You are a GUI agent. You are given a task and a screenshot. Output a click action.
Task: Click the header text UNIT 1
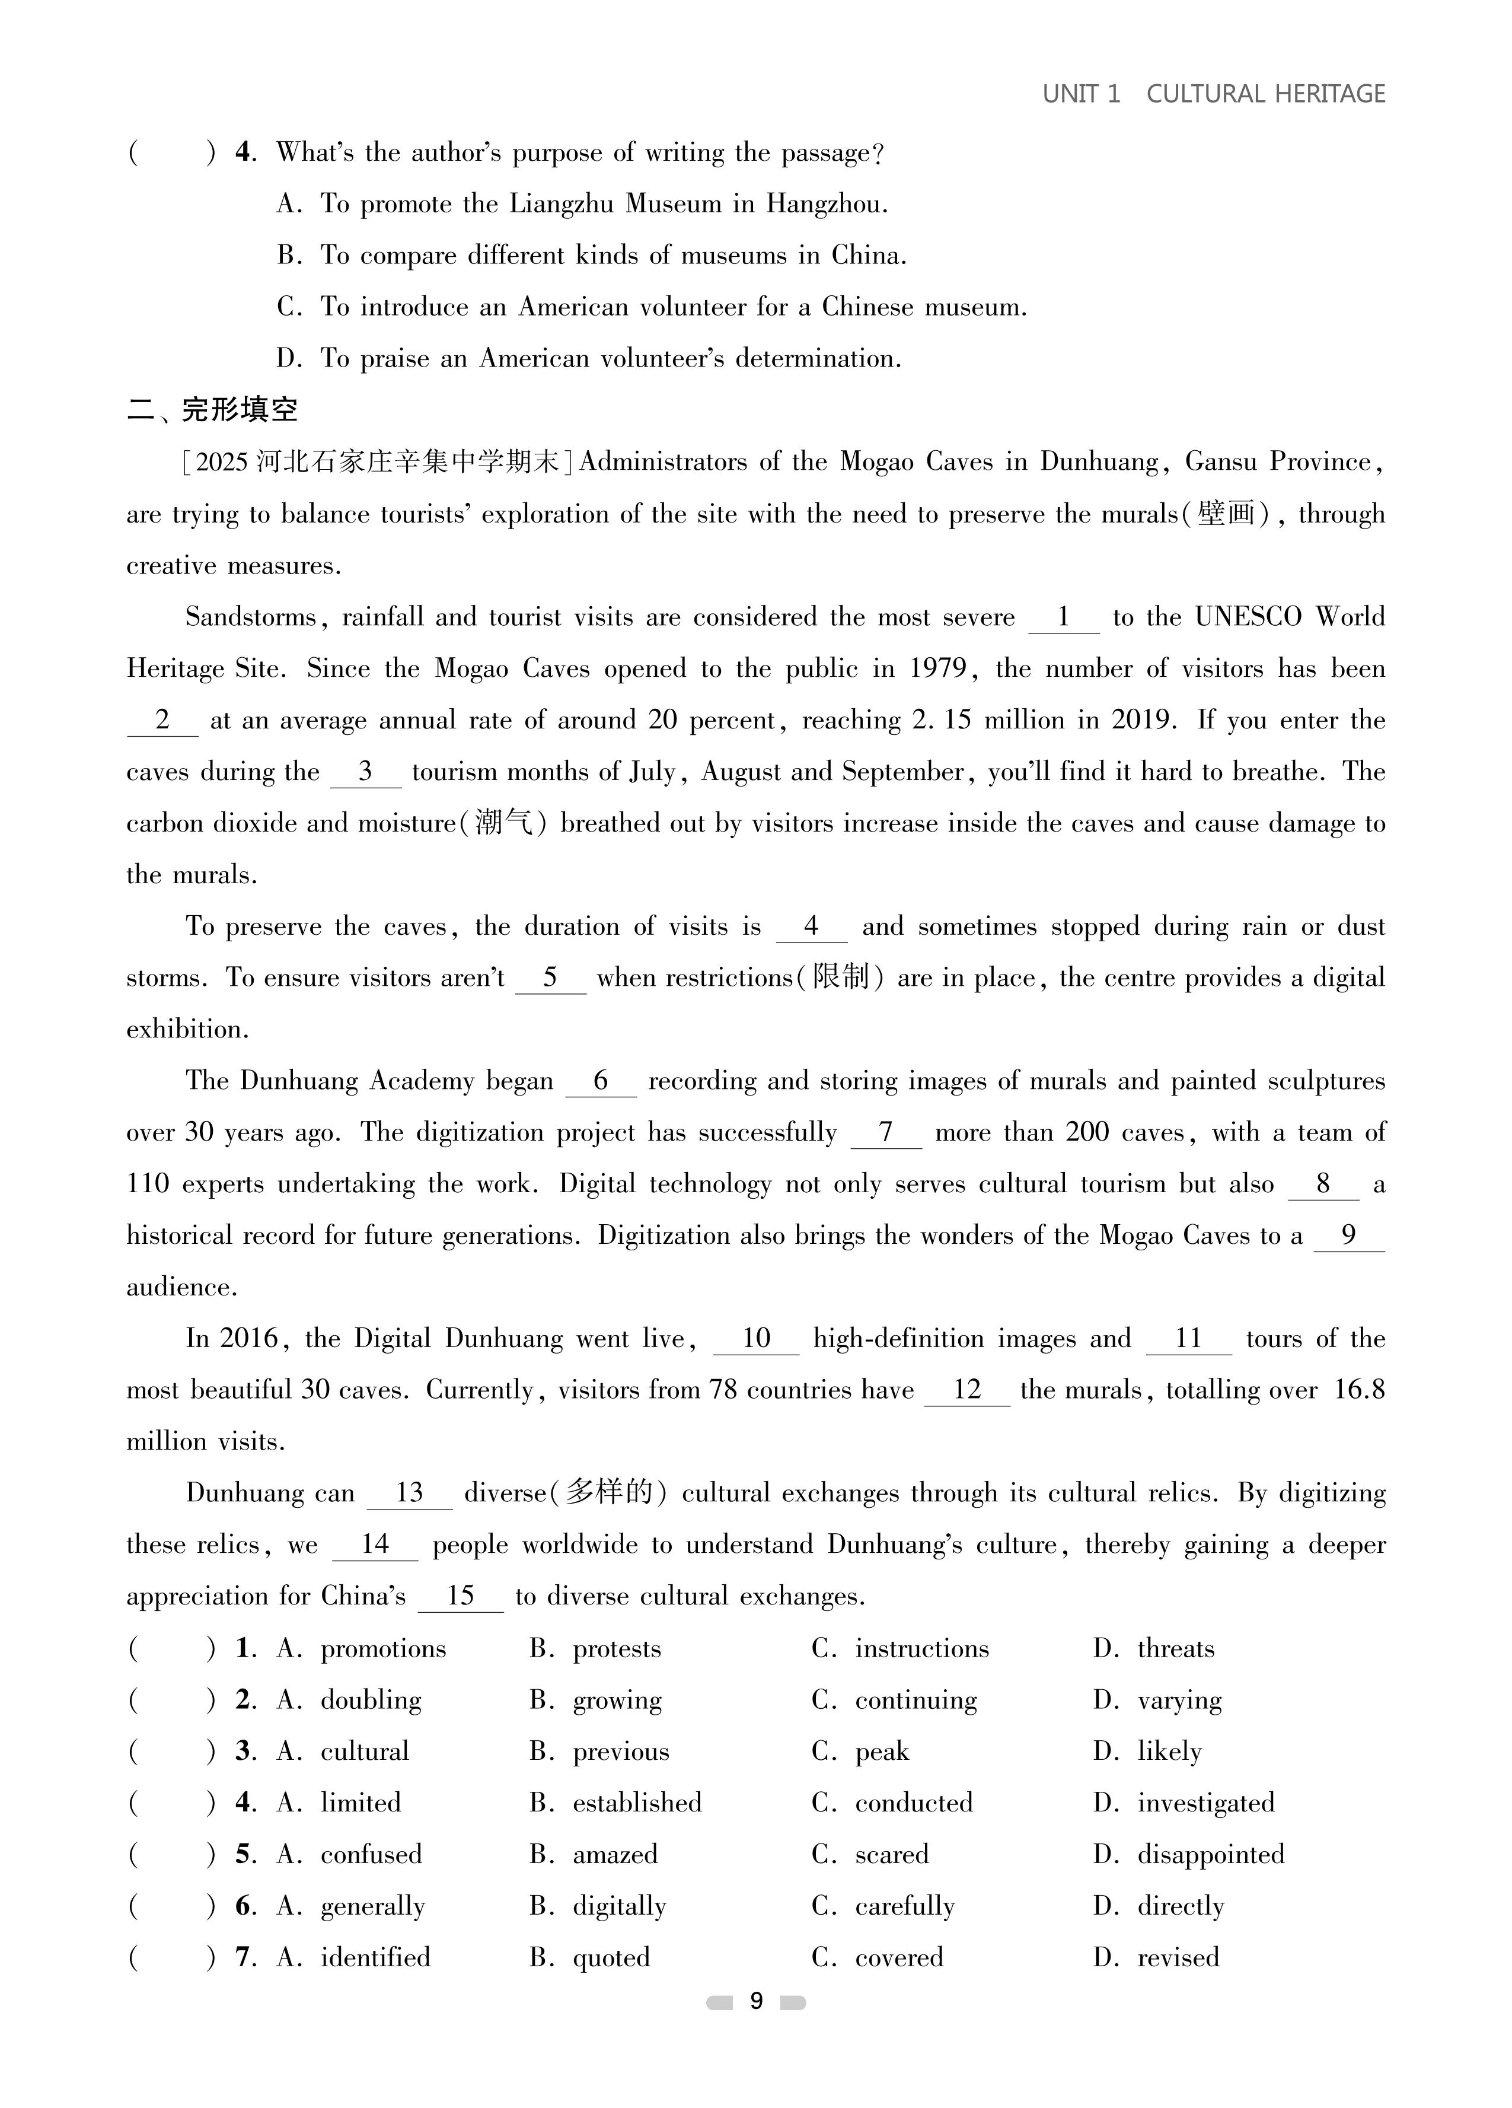coord(1081,94)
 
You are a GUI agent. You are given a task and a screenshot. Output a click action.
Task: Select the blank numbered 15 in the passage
coord(460,1596)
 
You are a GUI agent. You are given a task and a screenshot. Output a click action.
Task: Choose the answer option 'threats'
coord(1176,1649)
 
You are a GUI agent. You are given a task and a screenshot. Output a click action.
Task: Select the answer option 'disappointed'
coord(1210,1854)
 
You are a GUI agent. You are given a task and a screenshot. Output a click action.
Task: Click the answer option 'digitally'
coord(619,1906)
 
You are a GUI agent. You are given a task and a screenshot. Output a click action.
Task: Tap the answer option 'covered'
coord(898,1957)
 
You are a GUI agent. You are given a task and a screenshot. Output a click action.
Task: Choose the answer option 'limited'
coord(361,1803)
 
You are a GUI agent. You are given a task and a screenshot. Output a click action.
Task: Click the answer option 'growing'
coord(617,1700)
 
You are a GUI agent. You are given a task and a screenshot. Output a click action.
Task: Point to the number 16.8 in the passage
coord(1358,1390)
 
